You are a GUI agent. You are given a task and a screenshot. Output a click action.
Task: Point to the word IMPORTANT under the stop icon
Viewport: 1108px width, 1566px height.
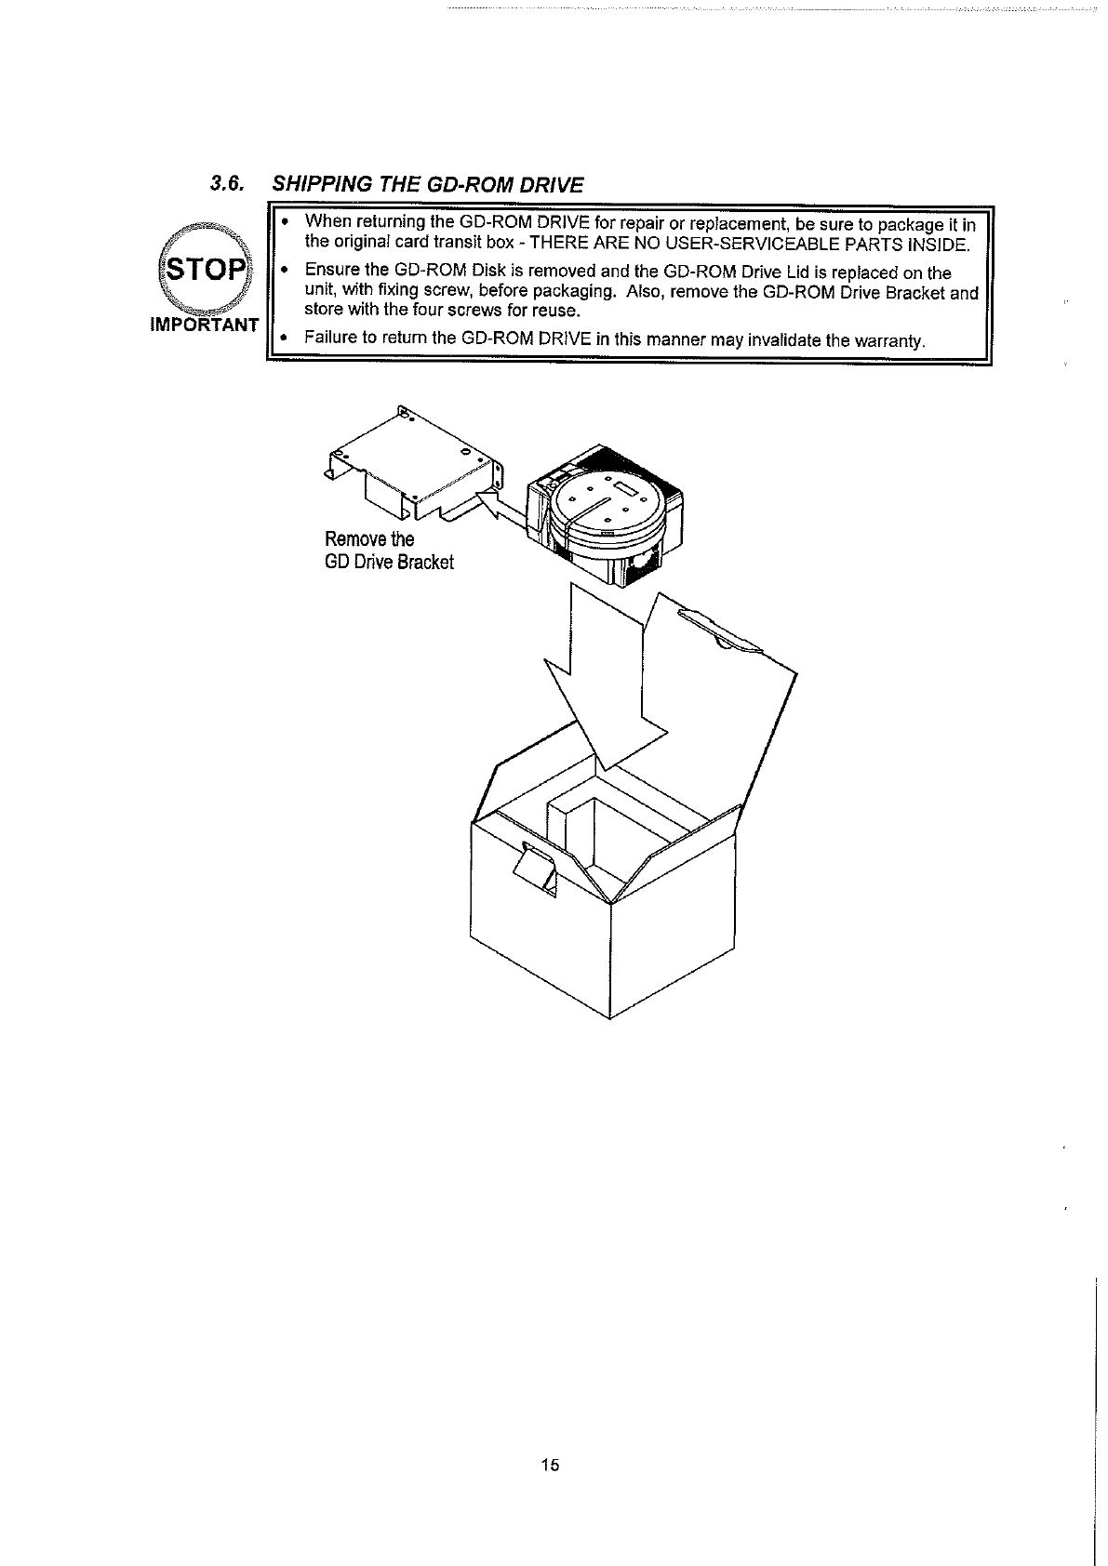coord(205,325)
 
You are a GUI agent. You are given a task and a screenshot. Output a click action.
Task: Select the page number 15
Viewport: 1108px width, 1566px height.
coord(549,1466)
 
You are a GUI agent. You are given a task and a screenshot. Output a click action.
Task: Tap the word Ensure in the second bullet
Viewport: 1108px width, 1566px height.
coord(330,272)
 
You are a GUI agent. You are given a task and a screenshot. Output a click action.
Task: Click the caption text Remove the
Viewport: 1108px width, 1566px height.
coord(369,539)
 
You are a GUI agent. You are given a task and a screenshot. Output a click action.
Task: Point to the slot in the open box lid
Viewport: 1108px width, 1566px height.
coord(718,629)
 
